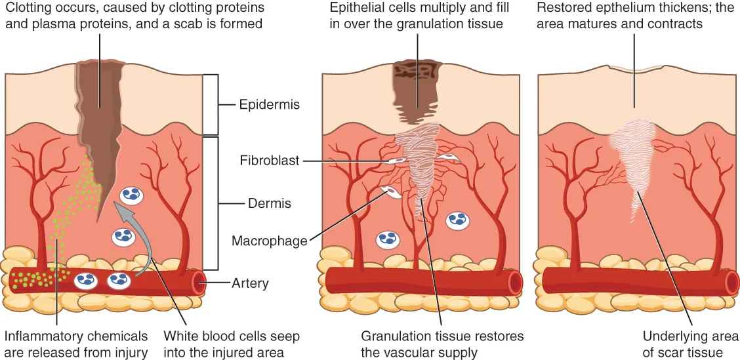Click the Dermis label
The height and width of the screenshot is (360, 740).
tap(269, 204)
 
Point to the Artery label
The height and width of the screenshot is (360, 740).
tap(250, 283)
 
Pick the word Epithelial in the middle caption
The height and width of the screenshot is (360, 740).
tap(358, 9)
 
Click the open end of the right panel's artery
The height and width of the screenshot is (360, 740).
tap(731, 283)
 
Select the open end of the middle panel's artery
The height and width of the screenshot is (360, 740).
tap(516, 283)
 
